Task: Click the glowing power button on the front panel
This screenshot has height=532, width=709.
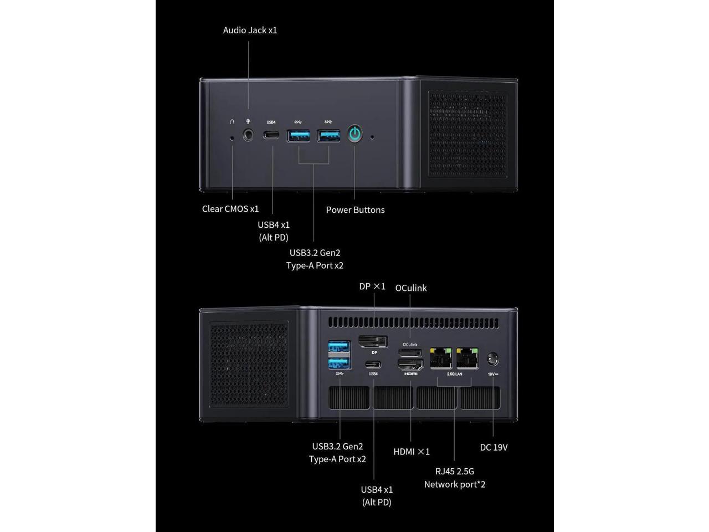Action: click(354, 134)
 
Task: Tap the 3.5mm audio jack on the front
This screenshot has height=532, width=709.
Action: click(248, 135)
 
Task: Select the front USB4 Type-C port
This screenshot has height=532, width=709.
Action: click(271, 135)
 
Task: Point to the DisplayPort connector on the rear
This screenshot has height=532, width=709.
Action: click(373, 342)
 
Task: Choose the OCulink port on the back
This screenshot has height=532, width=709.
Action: click(410, 353)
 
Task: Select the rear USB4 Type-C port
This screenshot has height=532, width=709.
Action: click(373, 365)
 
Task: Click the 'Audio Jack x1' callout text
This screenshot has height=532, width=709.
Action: click(250, 30)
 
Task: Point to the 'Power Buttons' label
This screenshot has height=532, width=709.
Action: click(355, 209)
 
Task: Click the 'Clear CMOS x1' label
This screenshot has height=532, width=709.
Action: click(230, 209)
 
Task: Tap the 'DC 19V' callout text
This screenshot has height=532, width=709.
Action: click(494, 447)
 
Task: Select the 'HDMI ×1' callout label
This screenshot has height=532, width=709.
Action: click(412, 452)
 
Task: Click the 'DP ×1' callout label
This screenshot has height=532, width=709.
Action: click(372, 287)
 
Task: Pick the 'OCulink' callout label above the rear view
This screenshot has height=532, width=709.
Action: click(411, 288)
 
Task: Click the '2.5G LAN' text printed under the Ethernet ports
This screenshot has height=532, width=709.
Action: click(455, 374)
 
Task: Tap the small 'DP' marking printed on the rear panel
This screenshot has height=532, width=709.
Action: click(374, 352)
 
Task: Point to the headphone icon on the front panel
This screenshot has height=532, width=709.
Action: click(232, 121)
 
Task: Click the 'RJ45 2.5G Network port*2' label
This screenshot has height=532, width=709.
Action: click(455, 478)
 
